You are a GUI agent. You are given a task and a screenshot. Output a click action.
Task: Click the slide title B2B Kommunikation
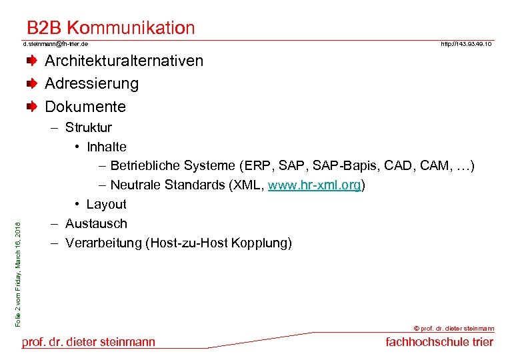tap(111, 28)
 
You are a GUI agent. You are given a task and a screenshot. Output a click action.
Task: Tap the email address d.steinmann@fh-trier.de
tap(55, 43)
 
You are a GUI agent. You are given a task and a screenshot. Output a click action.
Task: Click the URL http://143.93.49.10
tap(466, 43)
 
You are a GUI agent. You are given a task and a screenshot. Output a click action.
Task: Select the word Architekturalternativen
tap(123, 61)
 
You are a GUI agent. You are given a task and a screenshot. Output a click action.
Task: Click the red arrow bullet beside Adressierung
tap(31, 84)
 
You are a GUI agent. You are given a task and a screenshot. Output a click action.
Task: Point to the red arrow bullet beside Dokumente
tap(31, 107)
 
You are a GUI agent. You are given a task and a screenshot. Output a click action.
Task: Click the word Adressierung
tap(91, 84)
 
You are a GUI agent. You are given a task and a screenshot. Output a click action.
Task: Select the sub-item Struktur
tap(88, 127)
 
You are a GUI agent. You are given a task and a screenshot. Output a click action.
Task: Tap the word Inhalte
tap(106, 147)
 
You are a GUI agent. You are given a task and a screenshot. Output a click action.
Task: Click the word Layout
tap(106, 204)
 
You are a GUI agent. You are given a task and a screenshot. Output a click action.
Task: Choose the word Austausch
tap(96, 223)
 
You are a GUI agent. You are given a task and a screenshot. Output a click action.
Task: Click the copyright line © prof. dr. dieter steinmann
tap(454, 329)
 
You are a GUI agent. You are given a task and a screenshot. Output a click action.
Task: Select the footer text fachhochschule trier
tap(439, 342)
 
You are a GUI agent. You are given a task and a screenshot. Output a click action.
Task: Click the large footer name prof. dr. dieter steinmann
tap(89, 342)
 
